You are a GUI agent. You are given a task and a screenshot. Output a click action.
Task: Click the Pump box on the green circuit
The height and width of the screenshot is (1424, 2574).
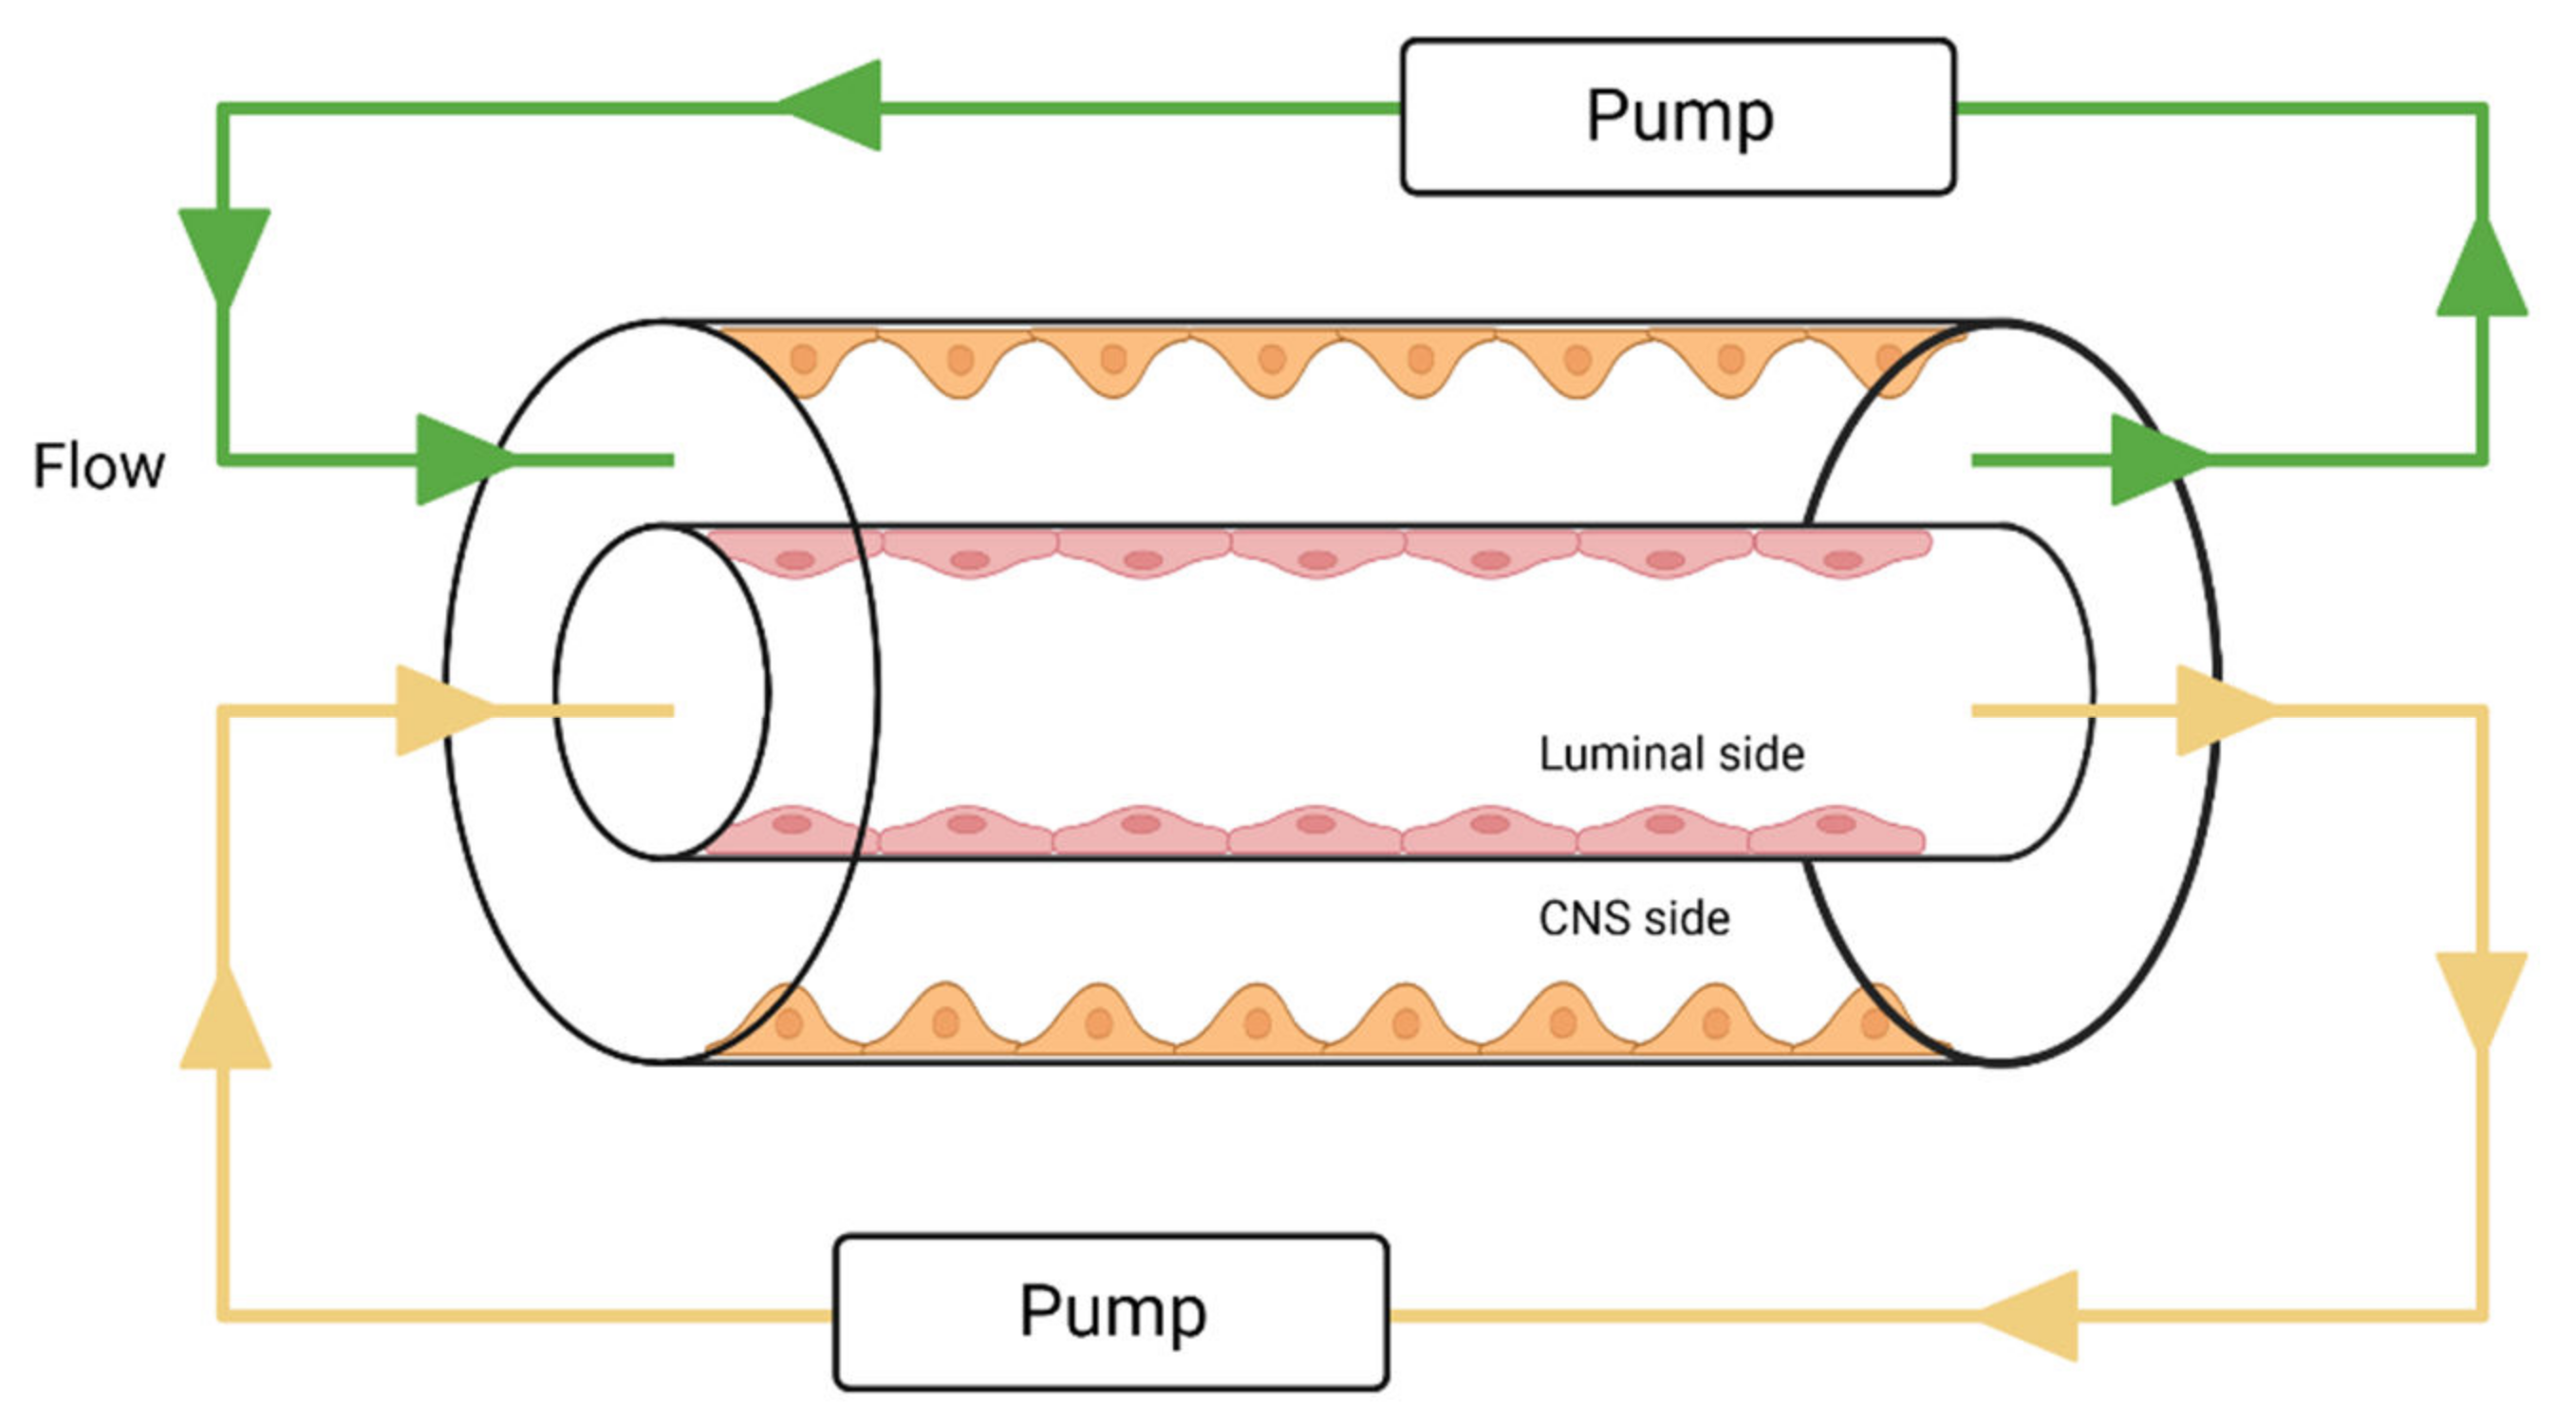[x=1677, y=116]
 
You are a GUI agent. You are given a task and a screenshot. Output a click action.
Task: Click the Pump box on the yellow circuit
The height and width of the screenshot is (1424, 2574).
[x=1110, y=1311]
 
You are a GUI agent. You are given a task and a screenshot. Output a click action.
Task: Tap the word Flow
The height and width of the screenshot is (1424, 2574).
[x=98, y=467]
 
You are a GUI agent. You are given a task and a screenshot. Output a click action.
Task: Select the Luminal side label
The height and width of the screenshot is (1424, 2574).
[x=1670, y=755]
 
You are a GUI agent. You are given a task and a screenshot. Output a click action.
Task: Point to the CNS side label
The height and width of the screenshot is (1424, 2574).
[x=1632, y=918]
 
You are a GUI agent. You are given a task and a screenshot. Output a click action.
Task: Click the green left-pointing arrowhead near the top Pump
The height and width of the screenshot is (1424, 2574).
[x=837, y=105]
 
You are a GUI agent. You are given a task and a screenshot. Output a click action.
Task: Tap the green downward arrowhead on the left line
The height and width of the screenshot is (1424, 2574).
[x=224, y=250]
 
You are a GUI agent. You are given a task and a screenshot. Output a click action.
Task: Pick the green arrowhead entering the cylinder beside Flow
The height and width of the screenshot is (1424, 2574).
[x=457, y=459]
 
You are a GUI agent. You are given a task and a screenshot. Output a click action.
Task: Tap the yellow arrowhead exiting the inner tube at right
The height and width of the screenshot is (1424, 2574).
[x=2218, y=710]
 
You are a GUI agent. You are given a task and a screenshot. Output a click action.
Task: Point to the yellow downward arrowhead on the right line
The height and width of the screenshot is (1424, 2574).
[x=2482, y=994]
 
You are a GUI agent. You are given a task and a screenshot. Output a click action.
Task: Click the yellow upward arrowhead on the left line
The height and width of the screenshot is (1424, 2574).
[x=226, y=1024]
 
